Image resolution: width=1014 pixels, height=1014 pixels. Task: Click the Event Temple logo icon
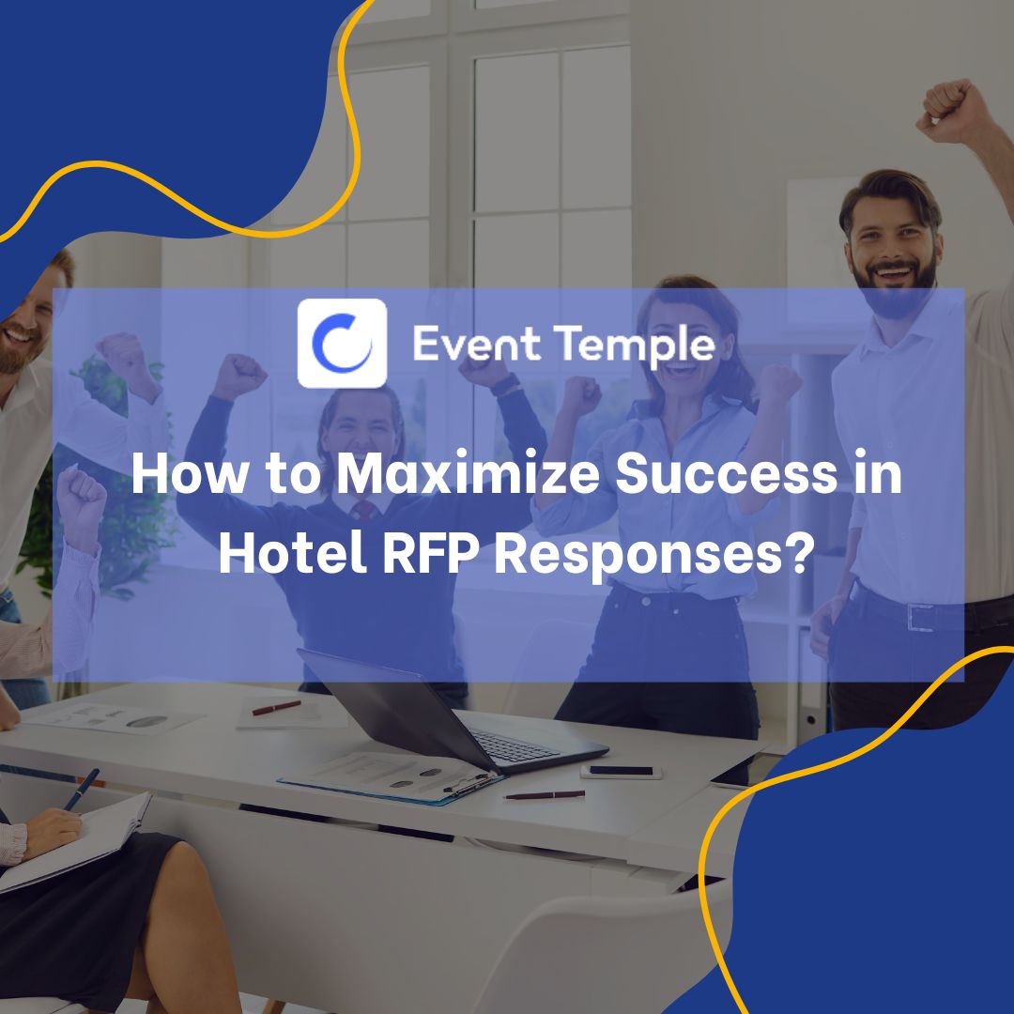[x=342, y=343]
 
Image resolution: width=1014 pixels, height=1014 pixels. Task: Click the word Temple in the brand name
[x=638, y=345]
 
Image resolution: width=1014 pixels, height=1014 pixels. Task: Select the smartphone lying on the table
[x=621, y=772]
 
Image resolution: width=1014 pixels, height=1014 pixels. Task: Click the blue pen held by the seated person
[x=82, y=789]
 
